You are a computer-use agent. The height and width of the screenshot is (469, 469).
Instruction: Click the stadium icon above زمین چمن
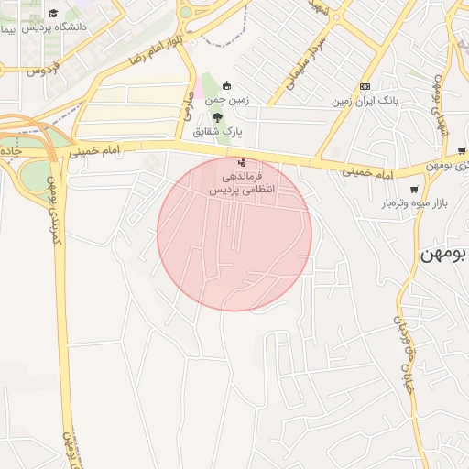click(227, 85)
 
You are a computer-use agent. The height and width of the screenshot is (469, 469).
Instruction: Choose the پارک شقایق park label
click(217, 132)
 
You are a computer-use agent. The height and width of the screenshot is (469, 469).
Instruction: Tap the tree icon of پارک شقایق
click(217, 117)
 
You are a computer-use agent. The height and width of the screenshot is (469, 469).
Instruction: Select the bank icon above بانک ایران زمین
click(365, 85)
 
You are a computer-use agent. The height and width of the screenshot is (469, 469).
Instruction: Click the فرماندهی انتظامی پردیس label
click(243, 182)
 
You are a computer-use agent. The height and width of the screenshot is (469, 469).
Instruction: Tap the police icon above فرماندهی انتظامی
click(242, 162)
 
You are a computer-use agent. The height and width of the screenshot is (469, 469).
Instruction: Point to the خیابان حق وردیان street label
click(404, 353)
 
